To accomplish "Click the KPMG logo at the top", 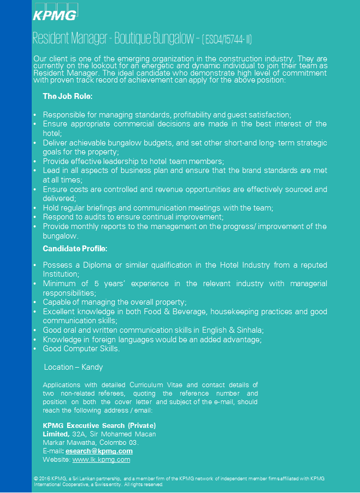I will pyautogui.click(x=55, y=15).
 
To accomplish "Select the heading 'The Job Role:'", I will pyautogui.click(x=68, y=96).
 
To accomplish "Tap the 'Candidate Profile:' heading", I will pyautogui.click(x=75, y=248).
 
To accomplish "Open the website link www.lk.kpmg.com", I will pyautogui.click(x=101, y=460).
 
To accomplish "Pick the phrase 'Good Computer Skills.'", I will pyautogui.click(x=81, y=349).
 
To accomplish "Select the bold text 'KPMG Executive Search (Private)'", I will pyautogui.click(x=99, y=425).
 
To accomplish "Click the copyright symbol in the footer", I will pyautogui.click(x=35, y=478).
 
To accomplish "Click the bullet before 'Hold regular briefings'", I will pyautogui.click(x=35, y=208).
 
